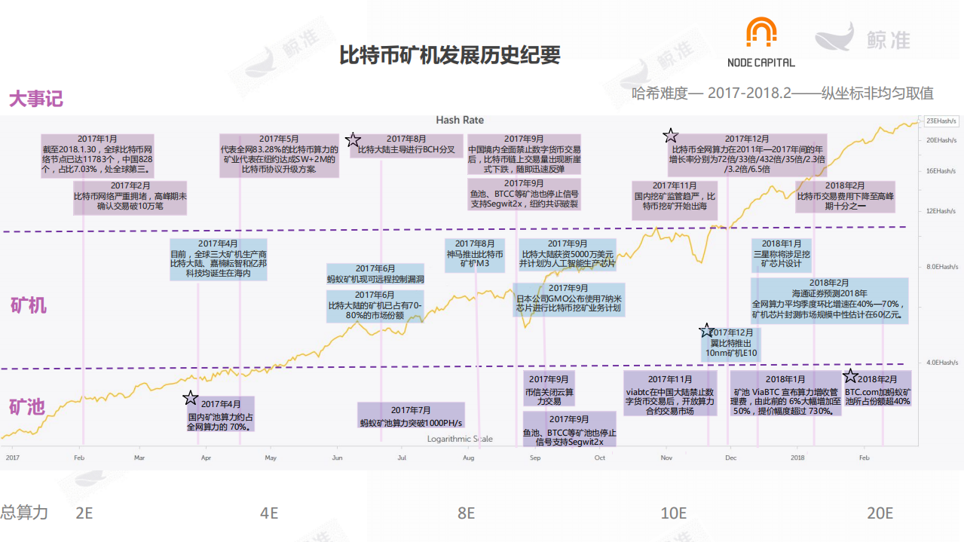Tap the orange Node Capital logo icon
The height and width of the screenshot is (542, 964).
(760, 35)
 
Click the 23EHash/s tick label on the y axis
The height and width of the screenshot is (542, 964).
(941, 121)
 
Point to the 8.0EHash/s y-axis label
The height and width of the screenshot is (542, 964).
(941, 266)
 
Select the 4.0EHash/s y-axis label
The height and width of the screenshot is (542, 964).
(941, 362)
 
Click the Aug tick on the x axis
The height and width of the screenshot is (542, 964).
(468, 458)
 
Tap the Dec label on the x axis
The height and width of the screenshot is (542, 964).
(730, 458)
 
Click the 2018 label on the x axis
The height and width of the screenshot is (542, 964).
(797, 458)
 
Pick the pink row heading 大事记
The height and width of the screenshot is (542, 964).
(35, 99)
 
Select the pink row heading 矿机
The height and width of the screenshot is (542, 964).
(28, 305)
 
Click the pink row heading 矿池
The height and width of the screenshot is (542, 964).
(27, 408)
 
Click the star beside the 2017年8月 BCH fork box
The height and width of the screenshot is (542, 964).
(353, 140)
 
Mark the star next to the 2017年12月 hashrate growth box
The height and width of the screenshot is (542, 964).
(670, 136)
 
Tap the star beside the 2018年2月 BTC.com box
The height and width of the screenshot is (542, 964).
(850, 376)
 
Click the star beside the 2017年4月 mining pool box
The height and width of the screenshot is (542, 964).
(191, 398)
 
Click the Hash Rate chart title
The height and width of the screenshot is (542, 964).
(460, 121)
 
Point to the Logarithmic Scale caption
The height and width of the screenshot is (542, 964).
(460, 439)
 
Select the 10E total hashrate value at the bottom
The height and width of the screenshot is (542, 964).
(673, 513)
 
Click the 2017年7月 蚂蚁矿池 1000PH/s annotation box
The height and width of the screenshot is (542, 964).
(411, 416)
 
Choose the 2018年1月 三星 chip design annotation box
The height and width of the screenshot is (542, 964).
(782, 254)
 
